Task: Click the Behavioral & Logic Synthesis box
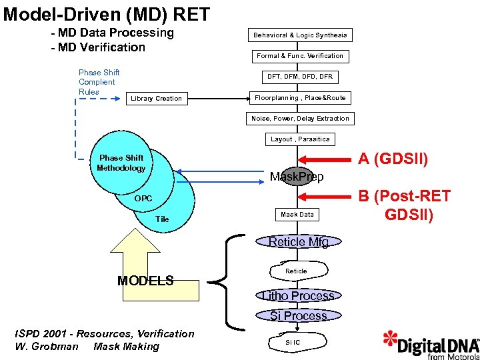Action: click(x=300, y=35)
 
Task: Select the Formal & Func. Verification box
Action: click(x=300, y=56)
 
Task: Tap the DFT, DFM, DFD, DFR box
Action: click(x=300, y=77)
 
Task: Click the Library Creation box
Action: click(x=157, y=99)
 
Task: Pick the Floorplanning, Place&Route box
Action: click(x=300, y=98)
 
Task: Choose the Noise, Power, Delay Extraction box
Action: click(x=300, y=119)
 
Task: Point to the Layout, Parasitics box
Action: click(x=300, y=139)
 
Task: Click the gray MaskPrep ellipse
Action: click(x=297, y=176)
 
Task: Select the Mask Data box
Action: click(x=297, y=214)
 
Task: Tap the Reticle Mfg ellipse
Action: click(x=299, y=241)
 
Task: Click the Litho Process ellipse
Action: click(x=299, y=295)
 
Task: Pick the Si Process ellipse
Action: click(x=299, y=315)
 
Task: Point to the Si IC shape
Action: click(x=297, y=342)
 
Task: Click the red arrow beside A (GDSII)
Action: click(x=325, y=160)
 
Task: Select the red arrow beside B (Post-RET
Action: click(x=325, y=197)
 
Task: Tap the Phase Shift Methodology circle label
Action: click(x=121, y=163)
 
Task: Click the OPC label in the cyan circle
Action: click(x=143, y=199)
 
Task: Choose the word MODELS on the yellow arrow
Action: click(x=145, y=281)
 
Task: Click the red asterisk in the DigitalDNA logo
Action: click(x=390, y=339)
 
